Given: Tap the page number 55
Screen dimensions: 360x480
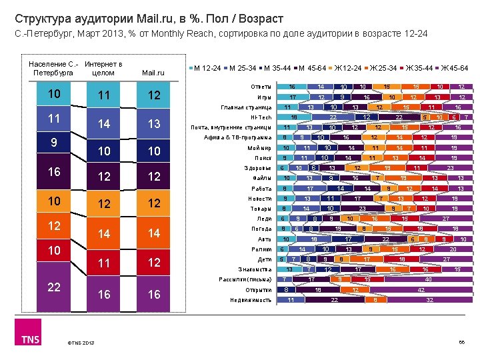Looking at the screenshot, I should tap(461, 343).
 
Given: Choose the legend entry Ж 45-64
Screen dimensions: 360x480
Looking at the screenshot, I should tap(450, 68).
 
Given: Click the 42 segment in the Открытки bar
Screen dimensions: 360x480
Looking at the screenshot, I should tap(422, 290).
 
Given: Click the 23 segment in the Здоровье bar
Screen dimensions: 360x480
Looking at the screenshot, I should tap(450, 168).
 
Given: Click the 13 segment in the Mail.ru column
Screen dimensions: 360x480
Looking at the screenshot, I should tap(154, 123).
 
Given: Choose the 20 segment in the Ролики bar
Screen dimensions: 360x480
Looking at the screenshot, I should tap(453, 249).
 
